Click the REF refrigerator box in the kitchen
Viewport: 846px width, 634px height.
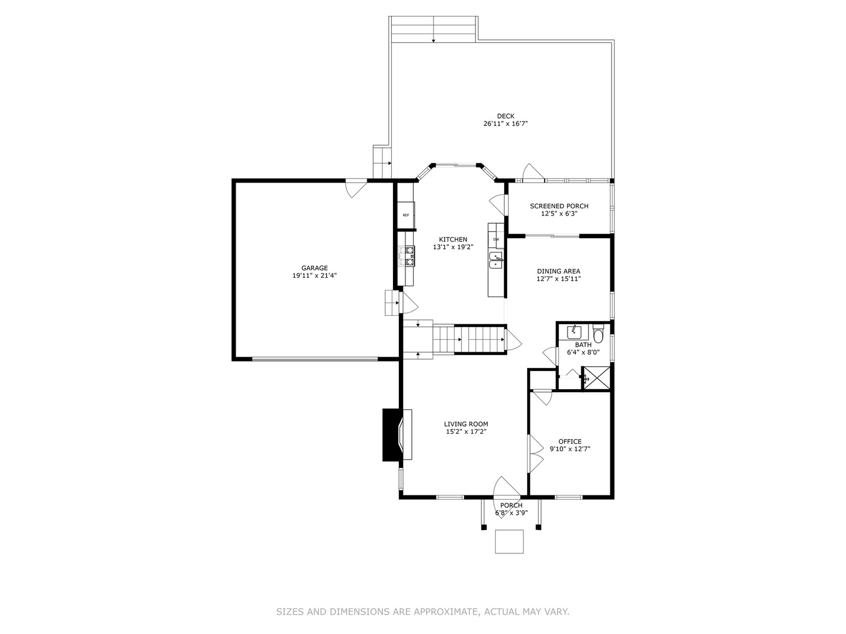coord(406,215)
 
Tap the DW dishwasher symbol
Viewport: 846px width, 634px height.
coord(496,239)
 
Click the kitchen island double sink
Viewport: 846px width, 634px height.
coord(496,260)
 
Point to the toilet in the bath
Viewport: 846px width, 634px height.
coord(598,335)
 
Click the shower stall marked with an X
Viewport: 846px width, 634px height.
coord(596,377)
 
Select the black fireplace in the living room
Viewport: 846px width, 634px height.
coord(391,435)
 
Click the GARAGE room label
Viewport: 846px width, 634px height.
coord(314,268)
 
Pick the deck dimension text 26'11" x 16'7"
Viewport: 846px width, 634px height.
coord(505,124)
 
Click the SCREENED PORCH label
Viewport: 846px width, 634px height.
coord(559,206)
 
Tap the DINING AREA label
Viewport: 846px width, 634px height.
coord(558,271)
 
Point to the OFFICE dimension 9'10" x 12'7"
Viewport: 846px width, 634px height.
coord(569,449)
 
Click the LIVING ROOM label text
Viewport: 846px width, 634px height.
coord(465,424)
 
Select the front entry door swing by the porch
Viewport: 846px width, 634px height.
coord(505,487)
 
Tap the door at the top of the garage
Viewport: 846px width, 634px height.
coord(356,188)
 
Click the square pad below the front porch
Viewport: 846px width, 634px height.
coord(509,541)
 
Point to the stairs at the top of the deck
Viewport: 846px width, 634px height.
coord(433,29)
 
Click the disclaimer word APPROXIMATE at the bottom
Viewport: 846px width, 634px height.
coord(445,612)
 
